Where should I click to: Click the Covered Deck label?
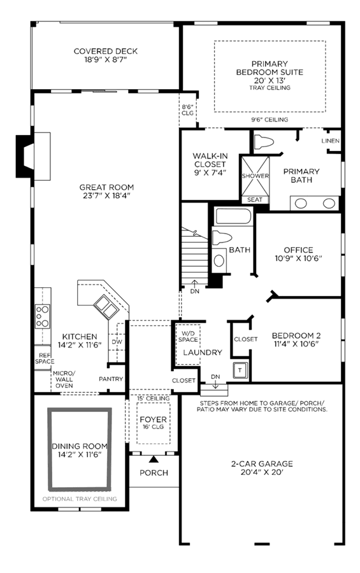coord(105,51)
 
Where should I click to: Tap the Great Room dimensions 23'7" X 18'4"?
coord(106,195)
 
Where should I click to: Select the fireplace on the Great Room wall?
coord(33,157)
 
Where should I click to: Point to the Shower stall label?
coord(255,176)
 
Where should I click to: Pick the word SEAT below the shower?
coord(255,199)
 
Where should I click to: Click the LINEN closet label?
coord(330,141)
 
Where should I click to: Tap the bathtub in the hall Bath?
coord(233,216)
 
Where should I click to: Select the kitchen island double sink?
coord(106,307)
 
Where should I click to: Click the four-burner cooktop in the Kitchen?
coord(43,316)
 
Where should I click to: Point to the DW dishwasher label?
coord(117,342)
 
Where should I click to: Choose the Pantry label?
coord(111,379)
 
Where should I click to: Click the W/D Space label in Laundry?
coord(188,337)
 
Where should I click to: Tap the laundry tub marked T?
coord(240,371)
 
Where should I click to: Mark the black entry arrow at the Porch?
coord(154,459)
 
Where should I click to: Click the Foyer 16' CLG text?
coord(154,427)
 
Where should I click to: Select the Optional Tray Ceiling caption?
coord(80,499)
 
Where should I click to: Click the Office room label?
coord(299,250)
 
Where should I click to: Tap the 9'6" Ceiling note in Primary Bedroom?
coord(270,120)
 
